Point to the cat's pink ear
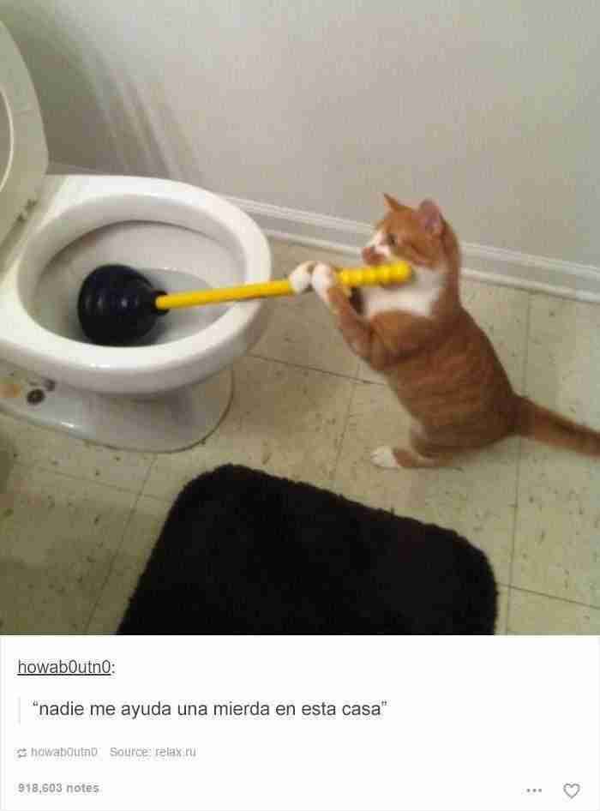coord(431,213)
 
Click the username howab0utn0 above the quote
coord(64,667)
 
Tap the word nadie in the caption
coord(61,709)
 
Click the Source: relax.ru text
coord(153,752)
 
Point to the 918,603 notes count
coord(58,788)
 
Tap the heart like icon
coord(571,790)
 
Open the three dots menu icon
coord(534,790)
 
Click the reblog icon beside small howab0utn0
coord(21,753)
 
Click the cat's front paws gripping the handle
coord(312,277)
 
